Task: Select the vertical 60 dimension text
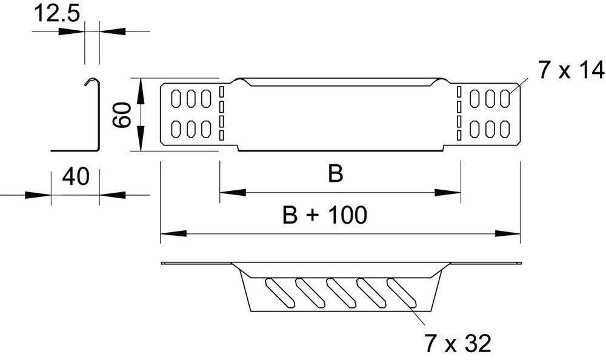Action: [x=123, y=114]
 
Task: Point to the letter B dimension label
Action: [x=335, y=175]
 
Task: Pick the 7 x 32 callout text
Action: [x=456, y=343]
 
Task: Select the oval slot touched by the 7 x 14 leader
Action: [x=504, y=98]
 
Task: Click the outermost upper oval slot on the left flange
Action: [x=176, y=98]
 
